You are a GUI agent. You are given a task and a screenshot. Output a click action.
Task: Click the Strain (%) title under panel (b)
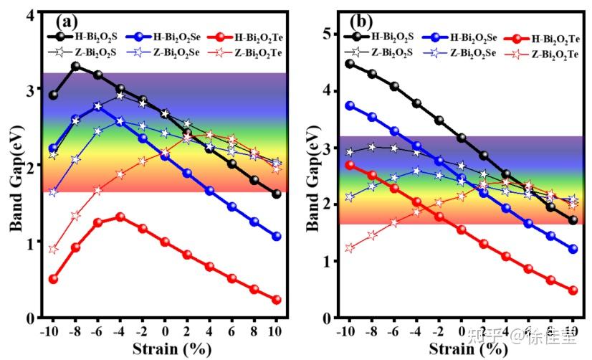[x=461, y=349]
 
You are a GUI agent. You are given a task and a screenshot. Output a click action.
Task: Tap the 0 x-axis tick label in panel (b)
[x=461, y=332]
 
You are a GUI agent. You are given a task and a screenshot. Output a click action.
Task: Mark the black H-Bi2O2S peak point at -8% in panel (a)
[x=75, y=66]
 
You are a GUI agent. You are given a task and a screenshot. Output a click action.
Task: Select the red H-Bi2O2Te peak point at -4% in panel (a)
[x=120, y=217]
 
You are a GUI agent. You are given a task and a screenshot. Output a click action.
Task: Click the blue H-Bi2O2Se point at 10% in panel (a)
[x=277, y=236]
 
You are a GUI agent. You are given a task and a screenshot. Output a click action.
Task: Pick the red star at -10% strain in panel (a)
[x=53, y=249]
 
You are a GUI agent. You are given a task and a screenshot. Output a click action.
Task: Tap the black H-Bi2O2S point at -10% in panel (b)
[x=350, y=64]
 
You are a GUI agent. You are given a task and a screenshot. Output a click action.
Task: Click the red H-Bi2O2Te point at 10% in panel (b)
[x=573, y=290]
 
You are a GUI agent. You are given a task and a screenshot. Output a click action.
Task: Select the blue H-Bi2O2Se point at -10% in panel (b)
[x=350, y=105]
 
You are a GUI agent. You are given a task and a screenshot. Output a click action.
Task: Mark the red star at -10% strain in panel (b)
[x=350, y=248]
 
